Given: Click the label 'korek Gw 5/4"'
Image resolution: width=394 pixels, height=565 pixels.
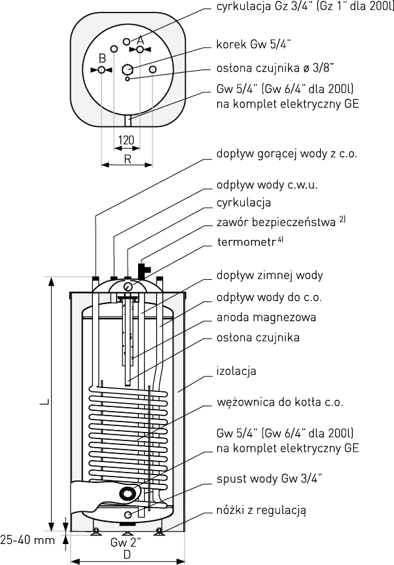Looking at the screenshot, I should click(x=253, y=47).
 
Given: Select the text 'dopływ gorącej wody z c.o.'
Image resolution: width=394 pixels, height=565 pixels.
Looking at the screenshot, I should click(x=287, y=155).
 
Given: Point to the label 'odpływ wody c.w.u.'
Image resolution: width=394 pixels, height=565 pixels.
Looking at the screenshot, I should click(x=266, y=185).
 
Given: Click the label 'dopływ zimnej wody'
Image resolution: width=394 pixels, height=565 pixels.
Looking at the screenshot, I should click(x=269, y=275).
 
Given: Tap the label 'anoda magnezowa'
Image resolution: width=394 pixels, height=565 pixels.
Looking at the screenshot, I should click(x=266, y=317).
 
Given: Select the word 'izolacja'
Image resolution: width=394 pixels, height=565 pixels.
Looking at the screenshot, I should click(x=236, y=371).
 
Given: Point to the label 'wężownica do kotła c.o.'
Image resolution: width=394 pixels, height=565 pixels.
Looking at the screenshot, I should click(x=279, y=402).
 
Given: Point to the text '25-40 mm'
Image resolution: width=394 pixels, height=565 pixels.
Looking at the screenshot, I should click(x=27, y=541).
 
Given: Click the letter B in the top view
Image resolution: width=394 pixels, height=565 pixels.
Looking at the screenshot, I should click(x=102, y=58).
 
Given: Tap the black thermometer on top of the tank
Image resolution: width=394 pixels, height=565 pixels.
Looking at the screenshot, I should click(x=143, y=269).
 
